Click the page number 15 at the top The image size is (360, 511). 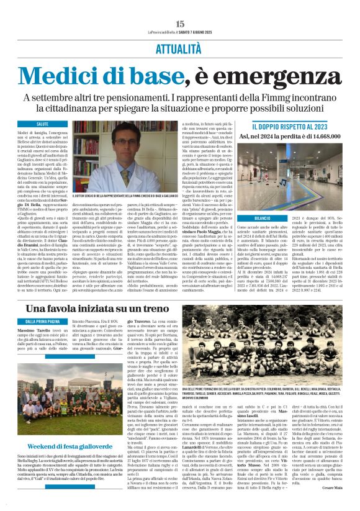coord(180,24)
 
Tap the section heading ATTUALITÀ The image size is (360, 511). coord(180,47)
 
